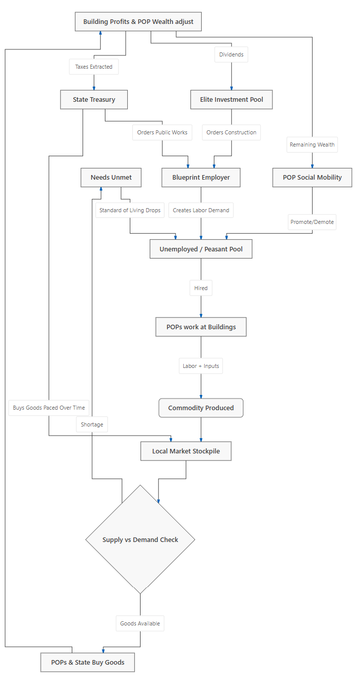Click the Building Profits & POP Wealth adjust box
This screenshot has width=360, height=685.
tap(139, 22)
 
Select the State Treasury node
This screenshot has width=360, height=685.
tap(94, 99)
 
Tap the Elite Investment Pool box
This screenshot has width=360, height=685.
tap(232, 99)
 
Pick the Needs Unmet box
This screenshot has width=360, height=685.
tap(111, 178)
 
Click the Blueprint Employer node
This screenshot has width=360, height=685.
tap(201, 178)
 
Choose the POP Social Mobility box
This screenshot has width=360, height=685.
tap(312, 178)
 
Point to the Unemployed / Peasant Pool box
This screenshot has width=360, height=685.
tap(201, 249)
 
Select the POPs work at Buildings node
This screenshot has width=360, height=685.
tap(201, 327)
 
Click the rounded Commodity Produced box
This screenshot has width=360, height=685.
tap(201, 408)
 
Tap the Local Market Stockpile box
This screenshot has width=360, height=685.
tap(186, 451)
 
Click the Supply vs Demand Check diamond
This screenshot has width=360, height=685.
tap(141, 539)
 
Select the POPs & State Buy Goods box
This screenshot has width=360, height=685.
tap(88, 663)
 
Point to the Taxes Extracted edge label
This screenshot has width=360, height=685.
tap(94, 67)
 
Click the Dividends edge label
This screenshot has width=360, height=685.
tap(231, 54)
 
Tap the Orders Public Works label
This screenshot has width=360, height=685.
tap(162, 132)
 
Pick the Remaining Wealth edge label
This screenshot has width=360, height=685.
tap(312, 145)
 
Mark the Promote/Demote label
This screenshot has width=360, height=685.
tap(312, 222)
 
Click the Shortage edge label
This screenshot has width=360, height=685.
tap(92, 424)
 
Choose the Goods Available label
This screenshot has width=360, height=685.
tap(140, 623)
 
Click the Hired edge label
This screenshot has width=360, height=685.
tap(201, 288)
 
